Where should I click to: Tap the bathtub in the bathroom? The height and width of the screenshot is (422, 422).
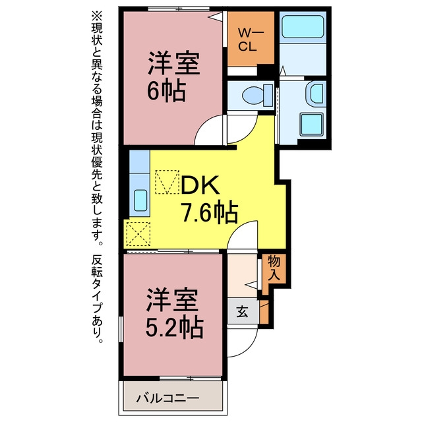tap(303, 26)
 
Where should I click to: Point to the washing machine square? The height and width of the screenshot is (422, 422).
tap(312, 125)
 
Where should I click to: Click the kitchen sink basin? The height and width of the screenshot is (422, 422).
tap(140, 200)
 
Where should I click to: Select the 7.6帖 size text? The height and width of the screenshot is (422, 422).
tap(210, 212)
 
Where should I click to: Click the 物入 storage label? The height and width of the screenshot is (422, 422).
tap(274, 268)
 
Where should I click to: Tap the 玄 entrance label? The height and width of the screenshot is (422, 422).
tap(242, 311)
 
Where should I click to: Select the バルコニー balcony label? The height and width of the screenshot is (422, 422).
tap(167, 398)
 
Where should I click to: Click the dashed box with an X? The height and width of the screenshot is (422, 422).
tap(138, 233)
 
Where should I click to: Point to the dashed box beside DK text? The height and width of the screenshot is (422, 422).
tap(167, 182)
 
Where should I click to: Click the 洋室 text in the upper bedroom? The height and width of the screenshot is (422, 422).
tap(173, 64)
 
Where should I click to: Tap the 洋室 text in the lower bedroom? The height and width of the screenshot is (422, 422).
tap(173, 300)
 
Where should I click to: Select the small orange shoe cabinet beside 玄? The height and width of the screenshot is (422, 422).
tap(264, 312)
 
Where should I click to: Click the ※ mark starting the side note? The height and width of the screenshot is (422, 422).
tap(97, 16)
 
